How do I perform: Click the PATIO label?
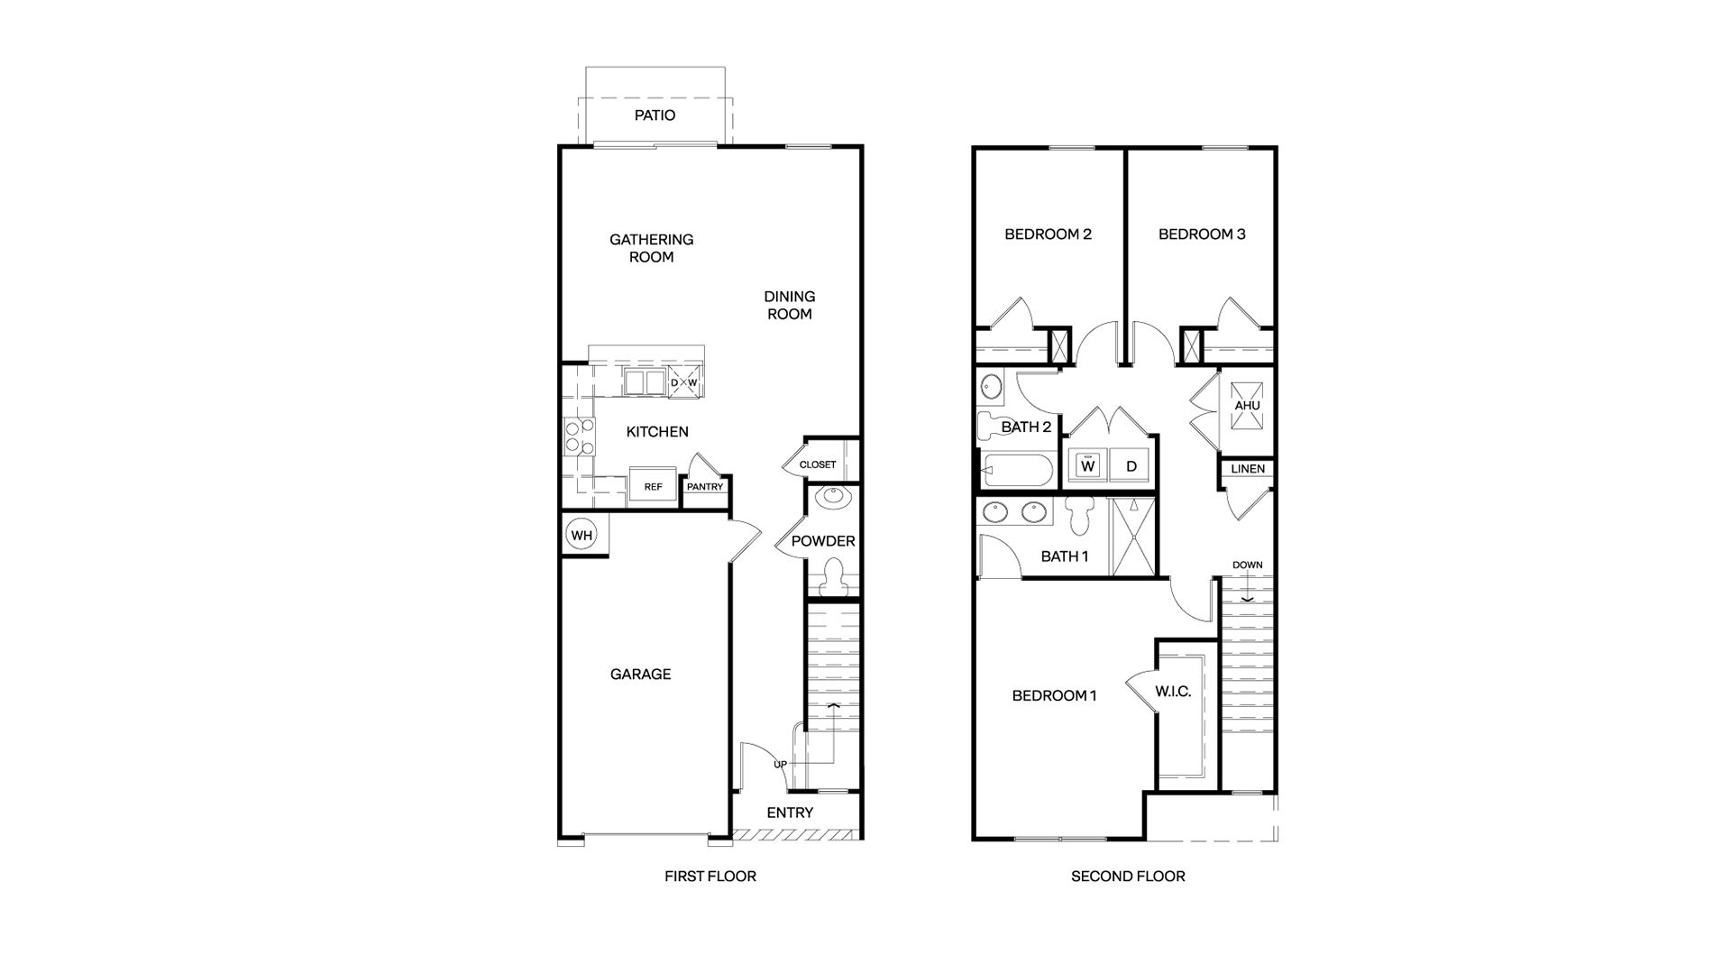click(x=655, y=115)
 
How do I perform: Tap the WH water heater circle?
click(x=582, y=536)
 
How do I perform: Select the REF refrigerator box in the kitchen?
click(x=653, y=487)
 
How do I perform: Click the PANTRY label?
click(x=705, y=487)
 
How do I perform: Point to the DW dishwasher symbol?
click(x=683, y=382)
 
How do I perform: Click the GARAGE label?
click(x=640, y=674)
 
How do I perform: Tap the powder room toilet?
click(x=833, y=575)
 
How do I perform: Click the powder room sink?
click(x=830, y=497)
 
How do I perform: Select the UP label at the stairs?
click(x=781, y=765)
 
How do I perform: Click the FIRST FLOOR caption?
click(x=710, y=876)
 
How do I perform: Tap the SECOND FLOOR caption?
click(x=1128, y=876)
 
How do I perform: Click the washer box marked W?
click(x=1088, y=466)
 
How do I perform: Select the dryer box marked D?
click(x=1131, y=466)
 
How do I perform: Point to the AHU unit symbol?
click(x=1247, y=405)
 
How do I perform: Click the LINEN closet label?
click(x=1248, y=469)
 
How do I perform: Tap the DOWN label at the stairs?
click(x=1248, y=565)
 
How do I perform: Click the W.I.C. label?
click(x=1173, y=692)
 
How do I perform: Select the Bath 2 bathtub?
click(x=1016, y=471)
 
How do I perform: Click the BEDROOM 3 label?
click(x=1202, y=234)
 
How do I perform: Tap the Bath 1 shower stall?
click(x=1132, y=536)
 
